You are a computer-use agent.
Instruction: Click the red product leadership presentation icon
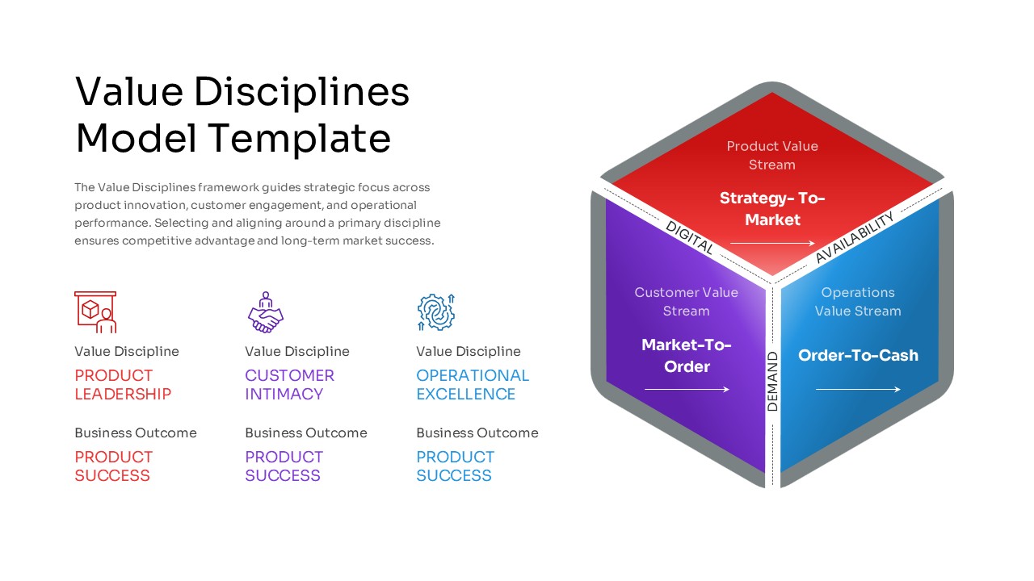coord(95,312)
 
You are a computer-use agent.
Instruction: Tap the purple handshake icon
coord(265,313)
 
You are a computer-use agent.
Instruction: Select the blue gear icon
coord(436,312)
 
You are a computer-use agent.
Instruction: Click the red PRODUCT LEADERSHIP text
coord(123,385)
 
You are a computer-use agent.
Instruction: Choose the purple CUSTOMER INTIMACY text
coord(289,385)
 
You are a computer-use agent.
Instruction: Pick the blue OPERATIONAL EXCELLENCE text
coord(473,385)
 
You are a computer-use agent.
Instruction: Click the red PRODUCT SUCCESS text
coord(113,466)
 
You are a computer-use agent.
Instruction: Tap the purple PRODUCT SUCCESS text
coord(284,466)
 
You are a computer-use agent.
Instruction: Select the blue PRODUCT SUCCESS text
coord(455,466)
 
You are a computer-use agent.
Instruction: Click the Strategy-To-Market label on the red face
coord(772,209)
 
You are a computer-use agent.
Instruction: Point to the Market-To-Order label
coord(687,356)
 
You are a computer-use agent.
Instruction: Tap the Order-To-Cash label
coord(858,355)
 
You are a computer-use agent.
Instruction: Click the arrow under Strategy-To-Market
coord(772,243)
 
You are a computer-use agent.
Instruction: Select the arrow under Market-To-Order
coord(687,390)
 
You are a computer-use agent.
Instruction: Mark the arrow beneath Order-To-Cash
coord(858,390)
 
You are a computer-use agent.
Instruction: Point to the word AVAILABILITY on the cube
coord(855,237)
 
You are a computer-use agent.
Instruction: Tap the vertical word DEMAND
coord(772,382)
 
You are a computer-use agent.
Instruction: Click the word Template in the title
coord(301,138)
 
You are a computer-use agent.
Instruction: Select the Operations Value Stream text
coord(858,302)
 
